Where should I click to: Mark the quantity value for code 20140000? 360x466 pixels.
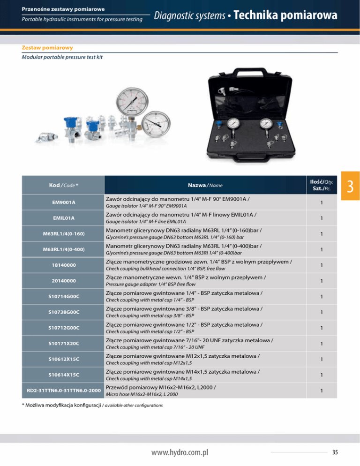322,281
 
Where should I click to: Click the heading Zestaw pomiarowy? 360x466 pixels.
47,47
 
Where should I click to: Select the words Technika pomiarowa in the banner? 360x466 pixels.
285,16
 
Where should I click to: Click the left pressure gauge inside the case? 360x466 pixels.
233,124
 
